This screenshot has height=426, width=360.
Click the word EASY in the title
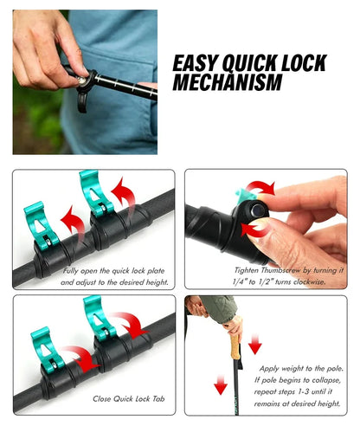point(198,64)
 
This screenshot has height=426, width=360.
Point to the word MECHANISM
point(228,84)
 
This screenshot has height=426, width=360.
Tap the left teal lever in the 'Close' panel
point(45,345)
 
